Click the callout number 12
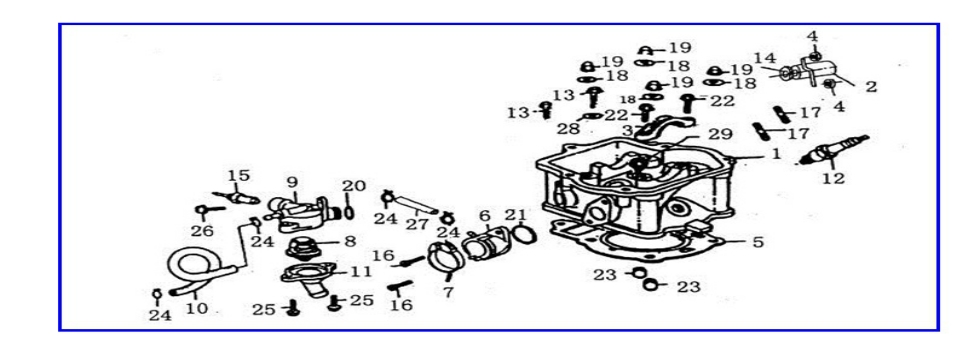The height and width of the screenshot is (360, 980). pyautogui.click(x=832, y=179)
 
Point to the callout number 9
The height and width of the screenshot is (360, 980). pyautogui.click(x=292, y=182)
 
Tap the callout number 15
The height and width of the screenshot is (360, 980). pyautogui.click(x=237, y=176)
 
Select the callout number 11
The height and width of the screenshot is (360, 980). pyautogui.click(x=361, y=271)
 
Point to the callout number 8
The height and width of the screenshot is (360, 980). pyautogui.click(x=349, y=241)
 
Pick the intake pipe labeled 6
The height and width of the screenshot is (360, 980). pyautogui.click(x=483, y=244)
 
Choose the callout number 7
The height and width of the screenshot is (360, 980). pyautogui.click(x=449, y=292)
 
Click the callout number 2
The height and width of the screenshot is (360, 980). pyautogui.click(x=870, y=87)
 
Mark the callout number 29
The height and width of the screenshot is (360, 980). pyautogui.click(x=719, y=134)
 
